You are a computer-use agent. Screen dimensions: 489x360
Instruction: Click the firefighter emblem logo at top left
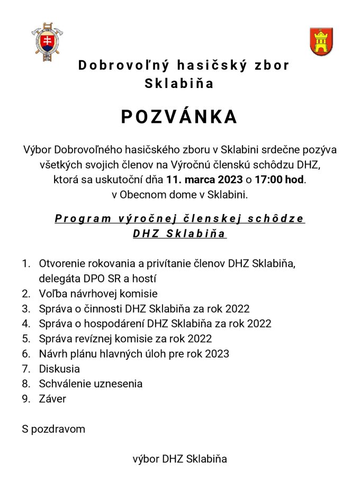pyautogui.click(x=49, y=40)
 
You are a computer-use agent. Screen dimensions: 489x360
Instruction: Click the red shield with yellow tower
pyautogui.click(x=321, y=41)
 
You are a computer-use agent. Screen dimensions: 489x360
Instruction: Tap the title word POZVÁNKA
pyautogui.click(x=179, y=117)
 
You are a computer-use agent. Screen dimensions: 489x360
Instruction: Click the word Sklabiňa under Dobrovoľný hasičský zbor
pyautogui.click(x=179, y=83)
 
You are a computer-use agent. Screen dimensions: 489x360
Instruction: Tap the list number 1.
pyautogui.click(x=25, y=263)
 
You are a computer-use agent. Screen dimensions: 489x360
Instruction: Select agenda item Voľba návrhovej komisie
pyautogui.click(x=98, y=294)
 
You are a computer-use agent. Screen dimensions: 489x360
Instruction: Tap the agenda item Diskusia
pyautogui.click(x=59, y=369)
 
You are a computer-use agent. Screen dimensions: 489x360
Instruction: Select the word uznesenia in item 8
pyautogui.click(x=118, y=384)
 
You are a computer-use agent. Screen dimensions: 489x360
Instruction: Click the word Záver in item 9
pyautogui.click(x=52, y=399)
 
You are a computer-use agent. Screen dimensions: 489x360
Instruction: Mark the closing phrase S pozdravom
pyautogui.click(x=53, y=429)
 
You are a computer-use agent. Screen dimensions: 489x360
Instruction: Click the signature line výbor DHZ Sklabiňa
pyautogui.click(x=179, y=459)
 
